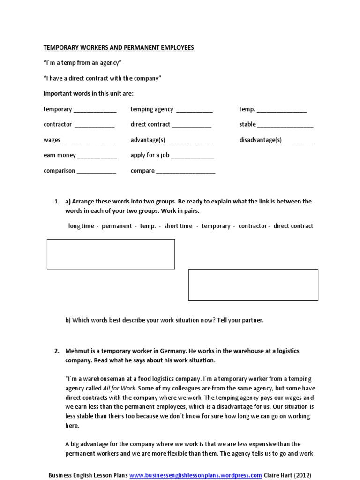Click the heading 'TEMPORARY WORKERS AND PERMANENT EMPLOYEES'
click(119, 48)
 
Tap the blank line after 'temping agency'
click(195, 112)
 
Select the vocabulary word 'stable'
click(247, 124)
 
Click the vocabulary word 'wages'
click(52, 140)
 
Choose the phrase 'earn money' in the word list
click(59, 155)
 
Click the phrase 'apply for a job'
click(150, 155)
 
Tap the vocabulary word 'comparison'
click(59, 171)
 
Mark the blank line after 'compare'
click(186, 173)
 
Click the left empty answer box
click(111, 254)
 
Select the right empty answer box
click(253, 285)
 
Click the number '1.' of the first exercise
click(57, 202)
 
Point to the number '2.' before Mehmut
click(57, 351)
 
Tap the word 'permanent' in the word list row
click(117, 226)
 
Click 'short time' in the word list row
click(178, 226)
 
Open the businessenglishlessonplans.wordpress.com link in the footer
click(195, 474)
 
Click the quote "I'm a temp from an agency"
click(82, 63)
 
